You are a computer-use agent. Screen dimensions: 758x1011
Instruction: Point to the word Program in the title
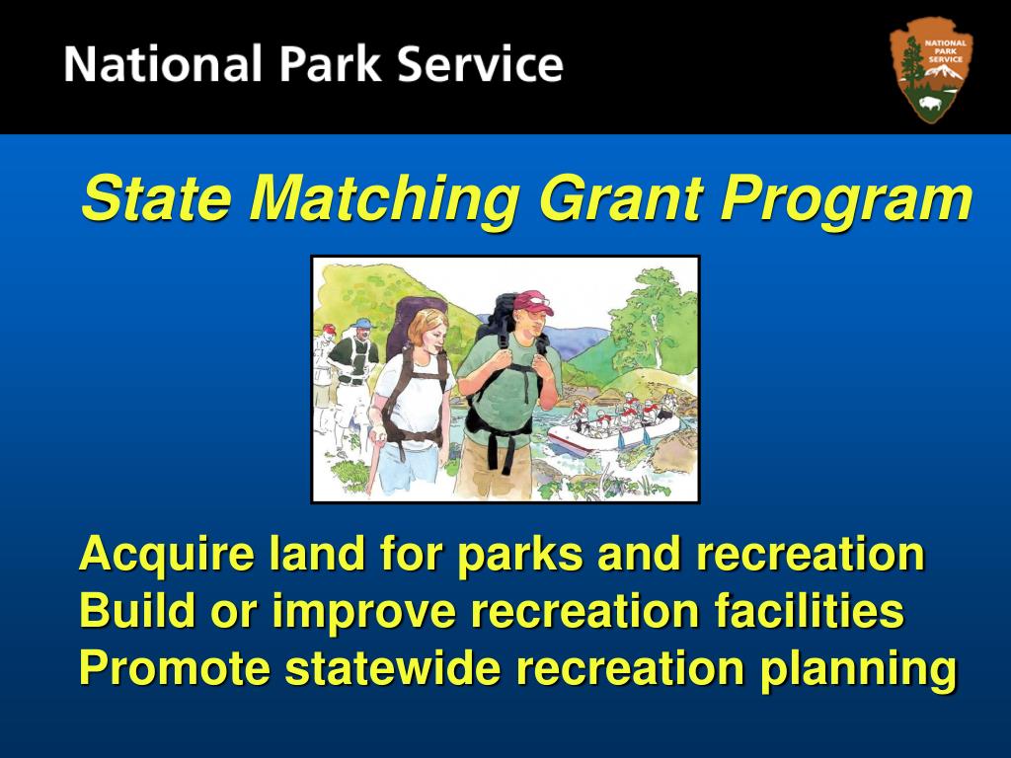click(x=846, y=200)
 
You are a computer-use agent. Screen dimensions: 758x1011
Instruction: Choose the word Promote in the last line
click(x=173, y=668)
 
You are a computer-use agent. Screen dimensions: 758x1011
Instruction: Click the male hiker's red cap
click(x=532, y=302)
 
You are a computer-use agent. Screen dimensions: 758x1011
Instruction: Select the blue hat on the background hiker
click(x=362, y=324)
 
